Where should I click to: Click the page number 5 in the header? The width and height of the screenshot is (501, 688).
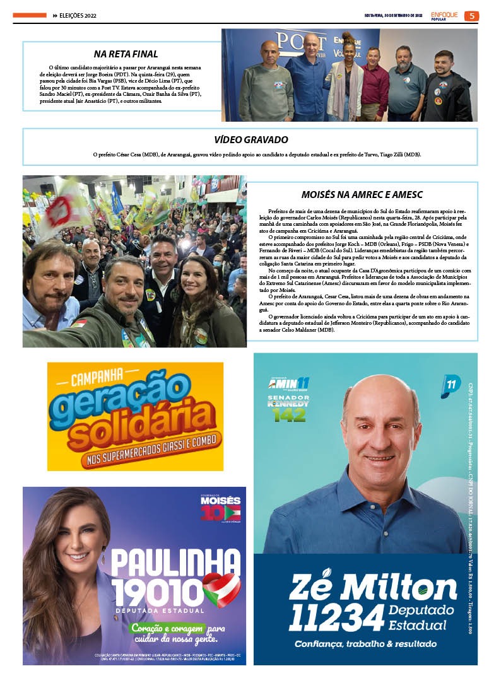(471, 16)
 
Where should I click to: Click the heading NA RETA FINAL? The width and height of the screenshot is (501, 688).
(126, 54)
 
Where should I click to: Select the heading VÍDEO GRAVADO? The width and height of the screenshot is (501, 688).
(250, 139)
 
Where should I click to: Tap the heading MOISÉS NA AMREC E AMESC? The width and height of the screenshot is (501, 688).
(362, 195)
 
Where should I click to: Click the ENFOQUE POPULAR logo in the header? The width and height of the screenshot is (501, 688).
(444, 16)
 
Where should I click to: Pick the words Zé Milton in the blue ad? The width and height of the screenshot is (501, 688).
(372, 588)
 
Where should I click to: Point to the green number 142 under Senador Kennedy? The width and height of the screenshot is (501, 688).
(290, 414)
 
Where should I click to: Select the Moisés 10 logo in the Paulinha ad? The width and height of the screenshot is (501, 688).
(220, 509)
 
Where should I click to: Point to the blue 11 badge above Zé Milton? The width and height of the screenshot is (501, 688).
(451, 385)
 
